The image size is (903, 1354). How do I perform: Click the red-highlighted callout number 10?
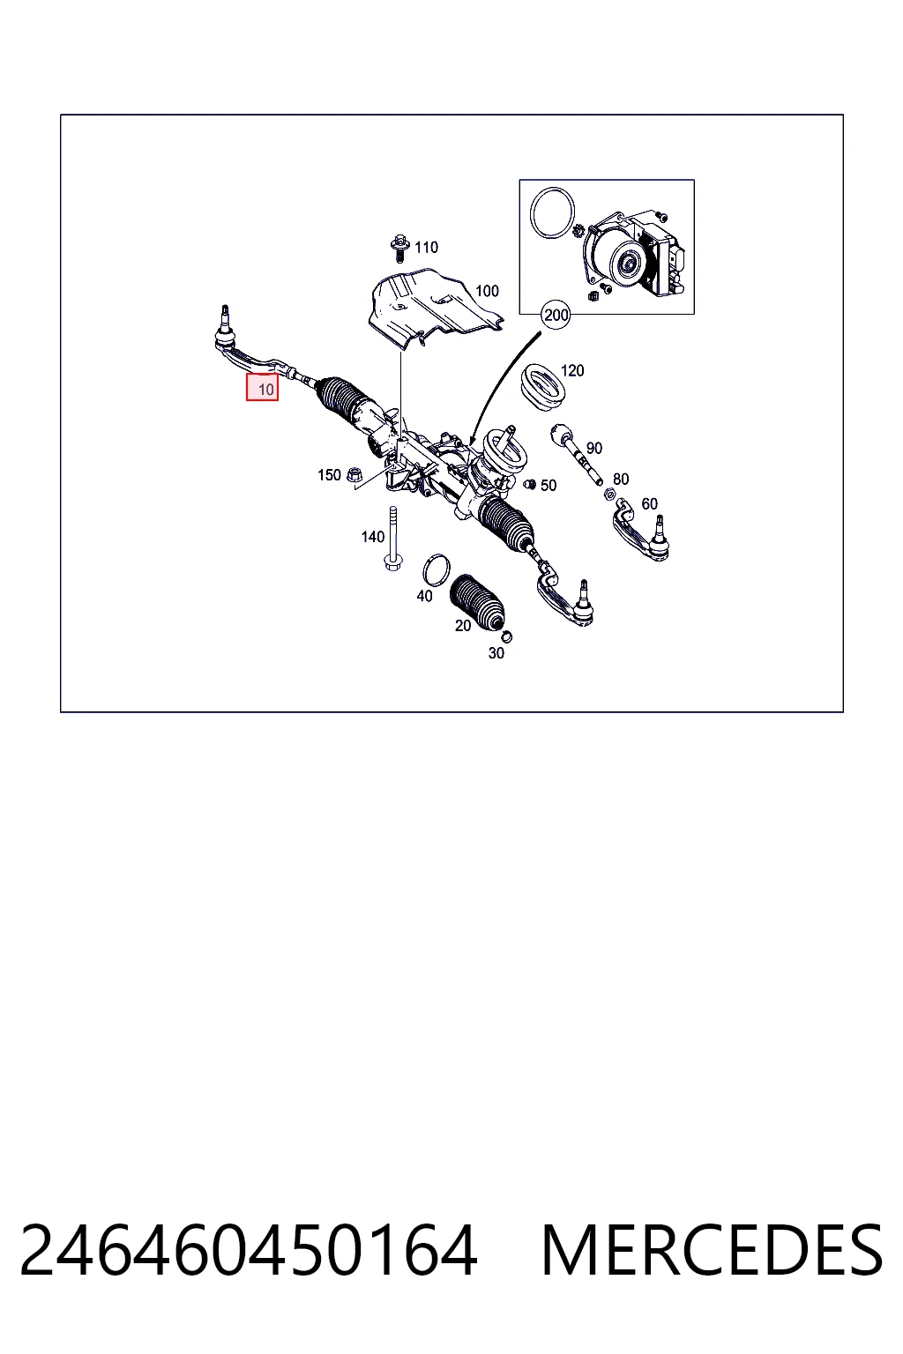click(x=262, y=388)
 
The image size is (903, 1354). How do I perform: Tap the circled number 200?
click(x=556, y=315)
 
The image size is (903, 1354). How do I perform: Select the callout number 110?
click(x=427, y=247)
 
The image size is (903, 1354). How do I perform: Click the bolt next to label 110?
click(x=399, y=248)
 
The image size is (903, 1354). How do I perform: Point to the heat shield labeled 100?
click(x=434, y=309)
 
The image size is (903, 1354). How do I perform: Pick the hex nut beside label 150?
click(x=354, y=475)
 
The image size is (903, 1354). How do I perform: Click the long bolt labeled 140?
click(x=392, y=539)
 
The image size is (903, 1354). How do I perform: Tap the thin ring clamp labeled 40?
click(x=437, y=569)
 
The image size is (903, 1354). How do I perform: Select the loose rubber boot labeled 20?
click(x=477, y=604)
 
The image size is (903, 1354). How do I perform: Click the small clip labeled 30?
click(x=507, y=636)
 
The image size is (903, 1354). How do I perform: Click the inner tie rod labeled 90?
click(x=576, y=453)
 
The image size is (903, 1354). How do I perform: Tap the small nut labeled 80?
click(x=609, y=494)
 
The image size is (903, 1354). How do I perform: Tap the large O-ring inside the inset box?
click(x=551, y=213)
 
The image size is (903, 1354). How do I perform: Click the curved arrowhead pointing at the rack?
click(x=473, y=440)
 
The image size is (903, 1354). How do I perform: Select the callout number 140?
click(x=372, y=537)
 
